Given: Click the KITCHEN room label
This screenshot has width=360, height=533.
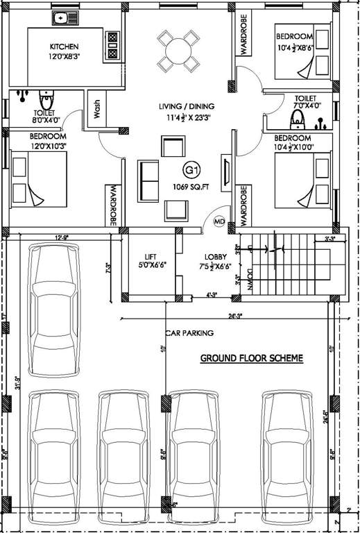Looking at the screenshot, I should (60, 46).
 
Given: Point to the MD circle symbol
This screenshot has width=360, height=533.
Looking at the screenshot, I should (220, 221).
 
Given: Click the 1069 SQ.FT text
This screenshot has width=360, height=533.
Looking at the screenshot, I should (191, 185).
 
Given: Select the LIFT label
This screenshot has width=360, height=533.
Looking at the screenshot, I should (151, 256).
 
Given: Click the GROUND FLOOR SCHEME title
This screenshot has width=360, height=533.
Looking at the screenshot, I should (251, 358).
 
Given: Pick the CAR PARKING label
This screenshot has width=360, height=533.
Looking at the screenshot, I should (189, 333).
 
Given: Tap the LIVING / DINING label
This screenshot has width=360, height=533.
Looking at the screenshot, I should (187, 106).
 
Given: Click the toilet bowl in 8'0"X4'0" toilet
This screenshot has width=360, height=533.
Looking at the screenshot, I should (46, 96).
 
